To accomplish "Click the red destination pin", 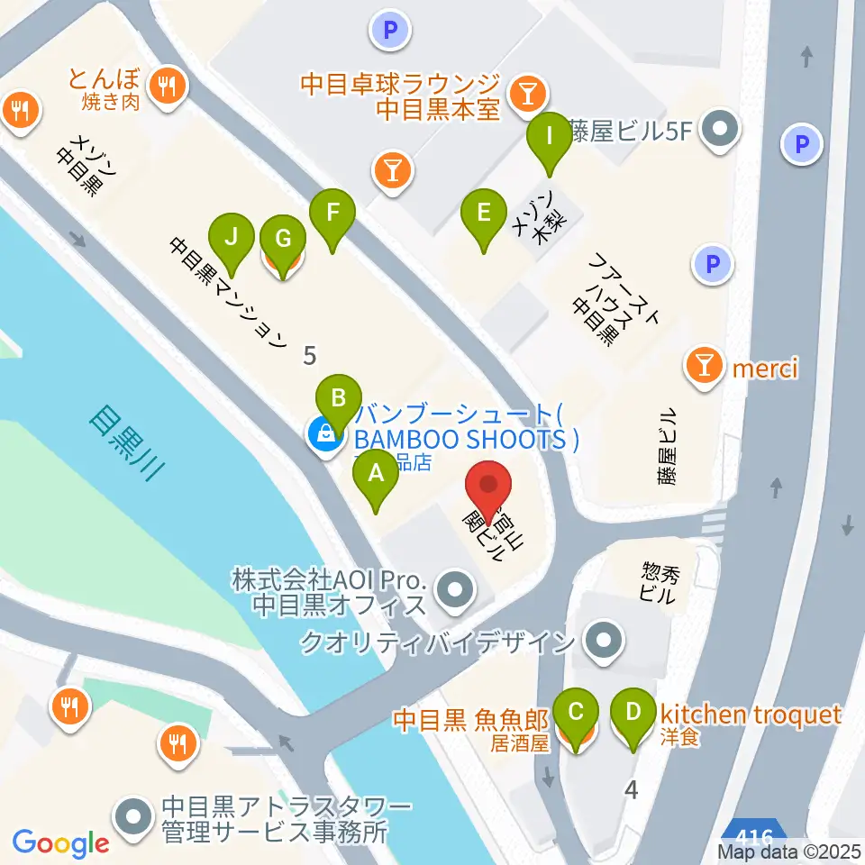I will (x=489, y=487).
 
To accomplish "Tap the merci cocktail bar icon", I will (x=704, y=365).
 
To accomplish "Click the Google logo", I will (x=60, y=843).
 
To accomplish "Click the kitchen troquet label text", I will (x=751, y=715).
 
